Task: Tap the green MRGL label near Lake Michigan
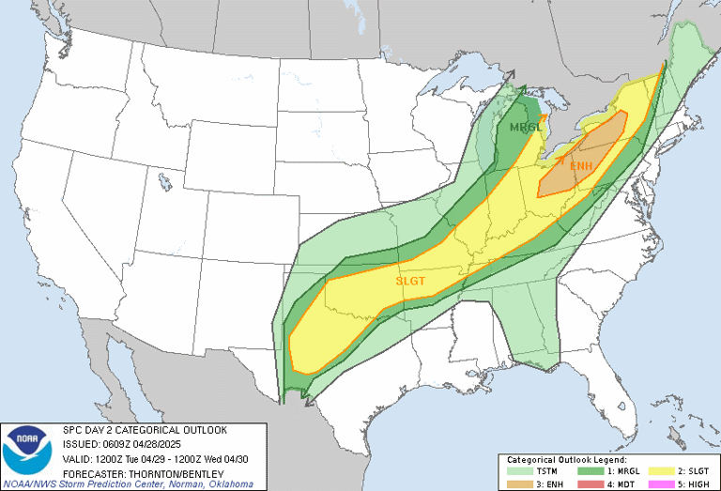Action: [x=525, y=127]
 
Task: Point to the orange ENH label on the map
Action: [x=581, y=165]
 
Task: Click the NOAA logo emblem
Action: [x=27, y=451]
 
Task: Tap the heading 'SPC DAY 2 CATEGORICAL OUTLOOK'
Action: [x=145, y=430]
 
